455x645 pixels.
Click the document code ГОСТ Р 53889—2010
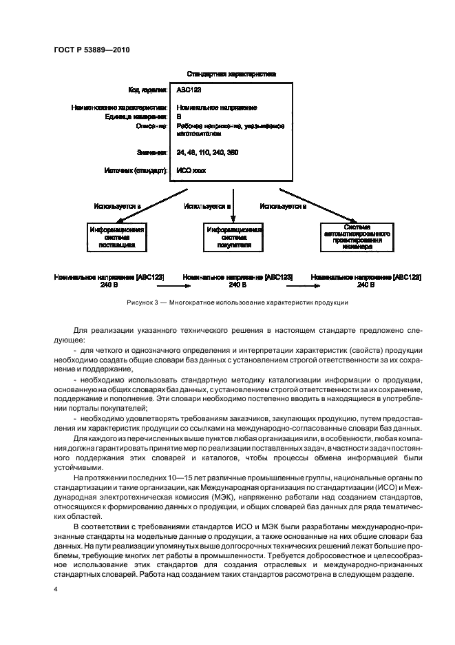(92, 49)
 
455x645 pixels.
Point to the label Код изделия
(147, 90)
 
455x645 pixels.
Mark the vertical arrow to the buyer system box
(234, 200)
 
